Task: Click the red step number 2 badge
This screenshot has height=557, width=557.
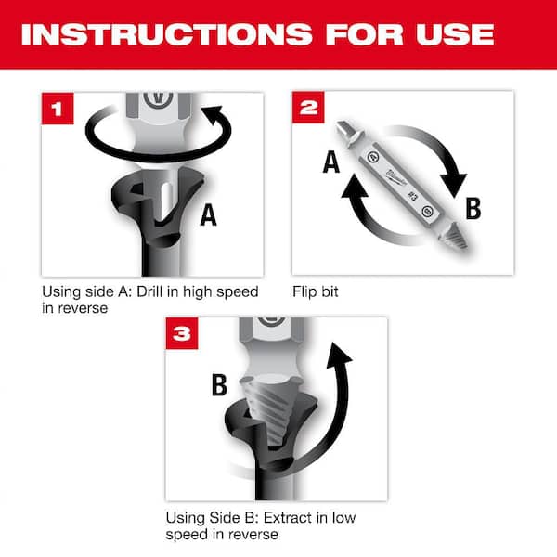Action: pyautogui.click(x=310, y=109)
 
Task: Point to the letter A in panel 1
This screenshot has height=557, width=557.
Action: pyautogui.click(x=208, y=214)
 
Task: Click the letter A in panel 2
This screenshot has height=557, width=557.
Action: pyautogui.click(x=330, y=164)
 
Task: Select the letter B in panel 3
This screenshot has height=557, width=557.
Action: pyautogui.click(x=219, y=383)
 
